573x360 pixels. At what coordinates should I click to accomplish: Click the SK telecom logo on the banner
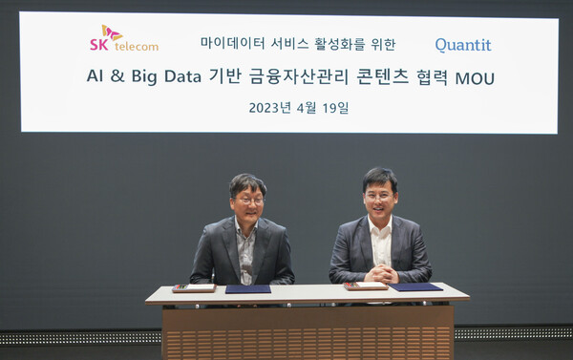124,39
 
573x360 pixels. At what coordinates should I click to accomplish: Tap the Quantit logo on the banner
463,44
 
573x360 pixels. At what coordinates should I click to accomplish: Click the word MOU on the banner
475,78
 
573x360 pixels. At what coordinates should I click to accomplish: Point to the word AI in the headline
98,77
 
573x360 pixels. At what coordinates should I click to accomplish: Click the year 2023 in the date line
266,108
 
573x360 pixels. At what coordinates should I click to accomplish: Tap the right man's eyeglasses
379,196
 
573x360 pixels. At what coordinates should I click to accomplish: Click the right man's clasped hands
380,275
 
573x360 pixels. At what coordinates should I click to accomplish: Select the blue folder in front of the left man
248,288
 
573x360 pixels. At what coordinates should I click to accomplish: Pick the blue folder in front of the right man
415,286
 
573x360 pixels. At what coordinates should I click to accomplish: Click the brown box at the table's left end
194,287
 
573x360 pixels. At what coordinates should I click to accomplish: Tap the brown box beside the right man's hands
365,285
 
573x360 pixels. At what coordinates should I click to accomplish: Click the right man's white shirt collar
380,225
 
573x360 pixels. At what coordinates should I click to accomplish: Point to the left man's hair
248,181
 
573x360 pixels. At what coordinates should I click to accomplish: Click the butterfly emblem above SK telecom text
111,32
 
